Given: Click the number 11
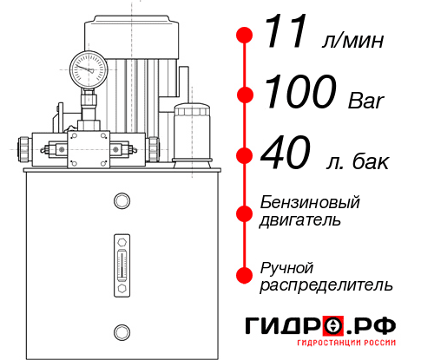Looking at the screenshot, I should click(286, 34).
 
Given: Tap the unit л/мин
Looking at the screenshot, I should click(352, 40).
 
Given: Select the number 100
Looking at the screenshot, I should click(299, 92).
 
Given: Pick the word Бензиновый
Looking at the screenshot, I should click(311, 203).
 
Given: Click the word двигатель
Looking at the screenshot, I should click(300, 220).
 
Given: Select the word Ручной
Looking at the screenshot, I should click(286, 266).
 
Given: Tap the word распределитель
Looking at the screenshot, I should click(326, 284).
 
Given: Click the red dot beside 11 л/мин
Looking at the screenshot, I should click(245, 36).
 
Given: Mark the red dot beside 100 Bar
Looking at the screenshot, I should click(245, 95).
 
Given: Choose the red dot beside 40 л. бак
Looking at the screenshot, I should click(245, 156).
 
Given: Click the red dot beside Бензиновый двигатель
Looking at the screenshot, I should click(245, 211).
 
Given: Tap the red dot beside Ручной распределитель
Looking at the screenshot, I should click(245, 274).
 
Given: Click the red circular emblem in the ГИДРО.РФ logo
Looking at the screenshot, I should click(332, 327).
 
